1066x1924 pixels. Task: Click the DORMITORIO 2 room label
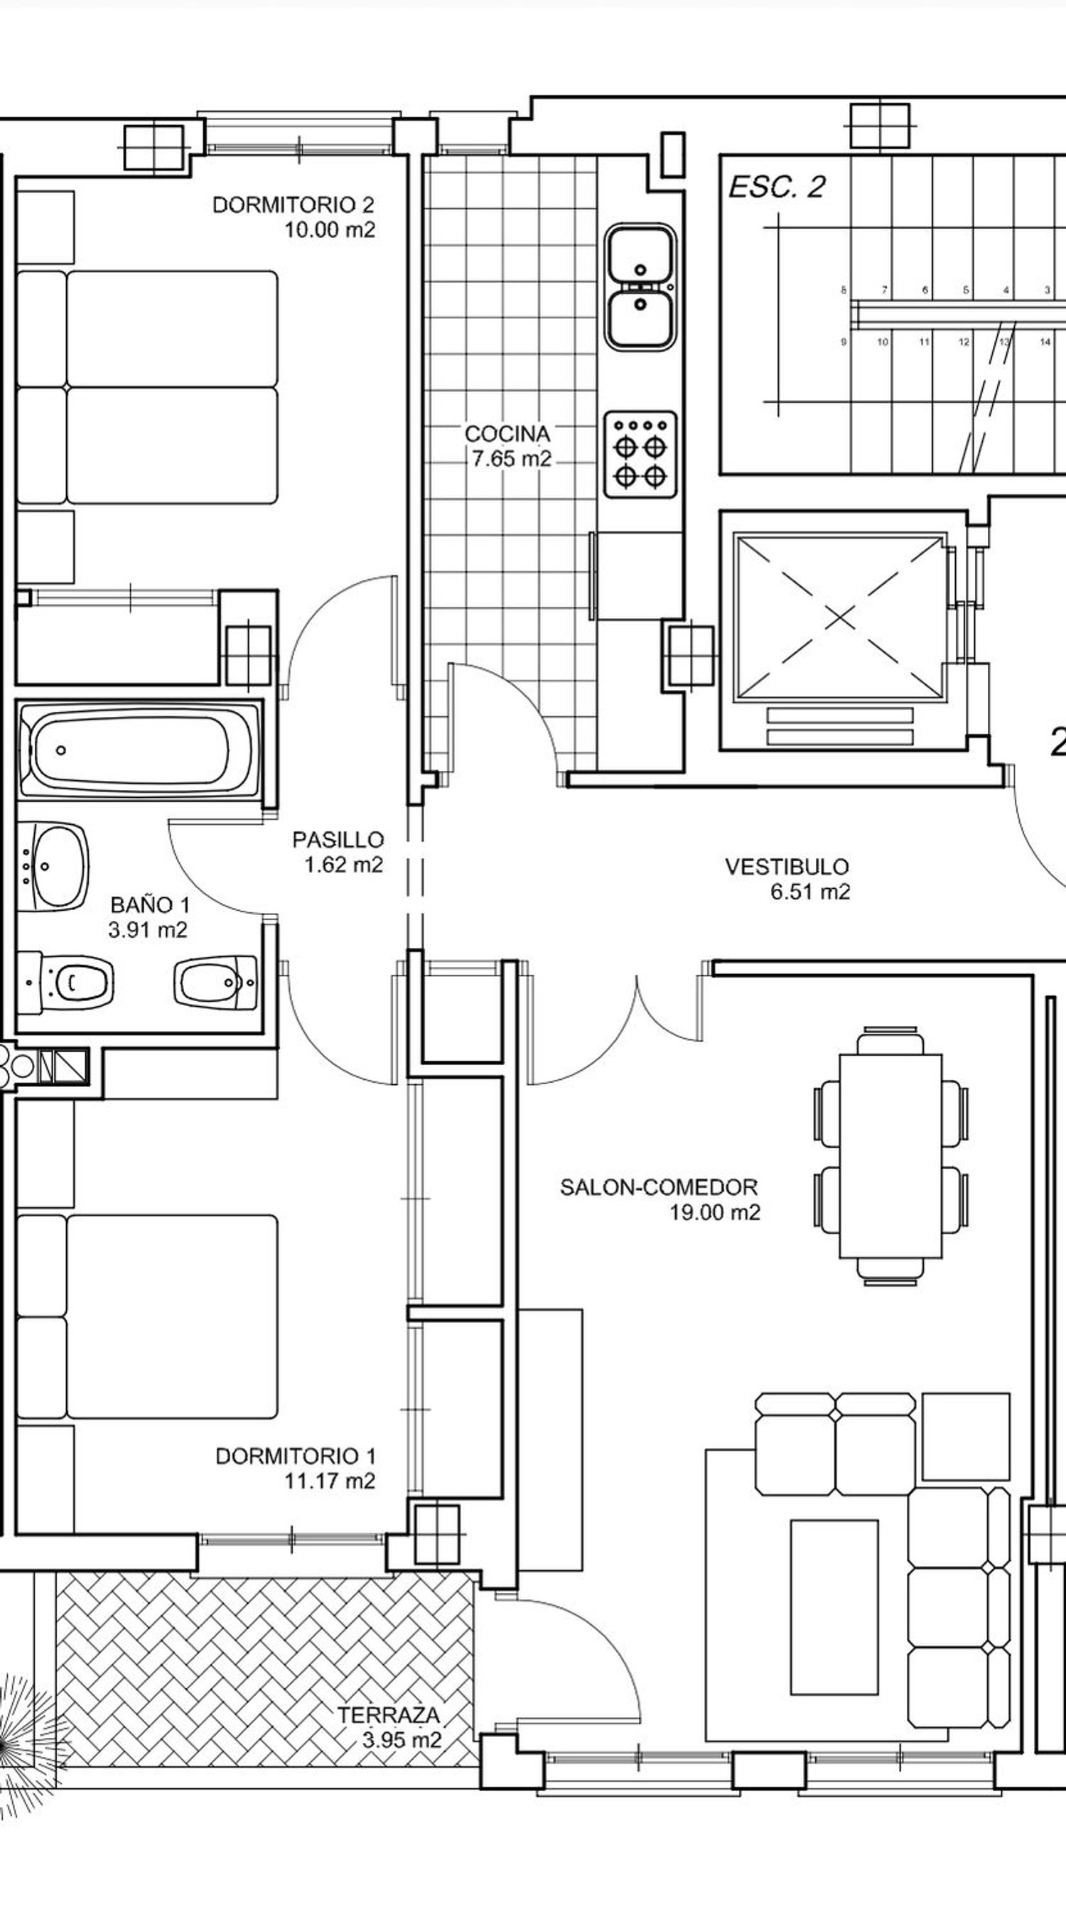pyautogui.click(x=293, y=205)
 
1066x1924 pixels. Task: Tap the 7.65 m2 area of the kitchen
pyautogui.click(x=512, y=458)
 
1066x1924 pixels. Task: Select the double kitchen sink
pyautogui.click(x=641, y=288)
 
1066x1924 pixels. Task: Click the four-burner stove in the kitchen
pyautogui.click(x=641, y=455)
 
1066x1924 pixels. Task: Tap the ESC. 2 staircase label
pyautogui.click(x=776, y=188)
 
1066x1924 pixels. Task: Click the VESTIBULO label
pyautogui.click(x=787, y=866)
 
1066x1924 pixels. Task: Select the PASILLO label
pyautogui.click(x=338, y=840)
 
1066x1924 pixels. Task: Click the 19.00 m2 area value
pyautogui.click(x=715, y=1212)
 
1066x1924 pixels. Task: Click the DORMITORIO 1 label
pyautogui.click(x=296, y=1456)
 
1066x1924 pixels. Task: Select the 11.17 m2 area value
pyautogui.click(x=330, y=1481)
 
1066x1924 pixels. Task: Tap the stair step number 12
pyautogui.click(x=964, y=342)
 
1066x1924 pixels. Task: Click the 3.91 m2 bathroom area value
pyautogui.click(x=148, y=930)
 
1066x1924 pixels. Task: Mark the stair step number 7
pyautogui.click(x=885, y=290)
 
